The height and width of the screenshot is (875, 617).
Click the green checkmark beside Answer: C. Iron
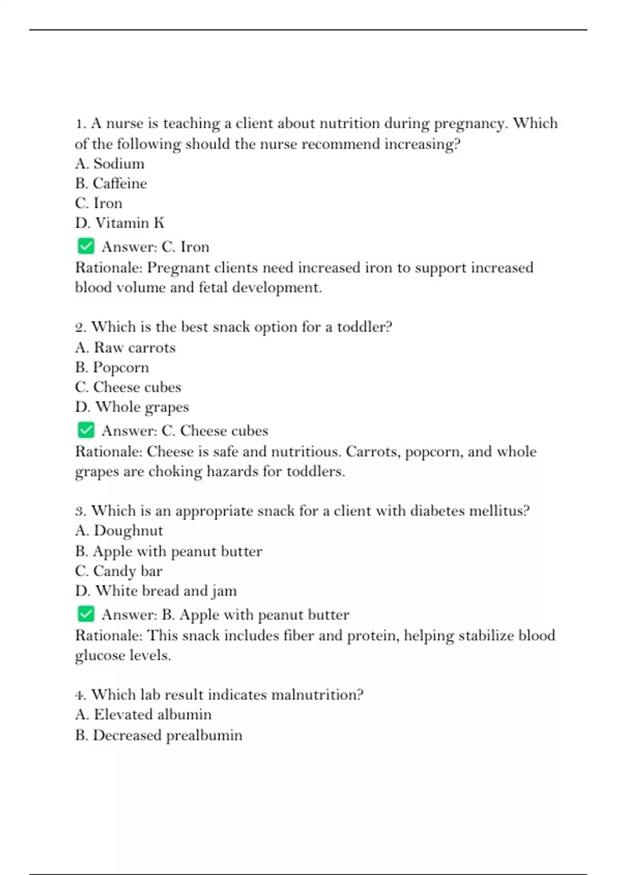[x=86, y=246]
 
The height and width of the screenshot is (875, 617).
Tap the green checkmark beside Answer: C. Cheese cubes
[x=86, y=430]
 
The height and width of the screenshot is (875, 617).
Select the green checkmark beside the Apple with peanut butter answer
[x=86, y=614]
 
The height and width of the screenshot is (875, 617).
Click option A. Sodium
[x=110, y=164]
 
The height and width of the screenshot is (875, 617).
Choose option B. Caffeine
[x=111, y=183]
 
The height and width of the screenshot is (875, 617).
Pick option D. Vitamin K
[x=120, y=223]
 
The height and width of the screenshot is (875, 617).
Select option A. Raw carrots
[x=125, y=347]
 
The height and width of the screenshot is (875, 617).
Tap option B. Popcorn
[x=112, y=367]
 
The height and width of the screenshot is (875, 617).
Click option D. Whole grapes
[x=132, y=407]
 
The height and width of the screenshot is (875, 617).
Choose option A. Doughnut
[x=119, y=531]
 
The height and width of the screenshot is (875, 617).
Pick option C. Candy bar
[x=119, y=571]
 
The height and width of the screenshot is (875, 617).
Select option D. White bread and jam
[x=156, y=591]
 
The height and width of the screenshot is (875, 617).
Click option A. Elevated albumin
[x=143, y=714]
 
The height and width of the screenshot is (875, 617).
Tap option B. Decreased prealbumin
[x=158, y=735]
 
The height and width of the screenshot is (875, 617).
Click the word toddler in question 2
[x=364, y=327]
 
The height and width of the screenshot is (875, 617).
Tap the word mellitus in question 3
[x=499, y=511]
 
